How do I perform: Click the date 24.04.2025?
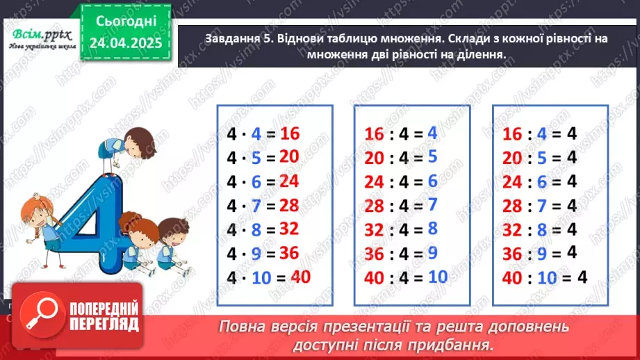coord(126,43)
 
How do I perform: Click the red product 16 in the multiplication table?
coord(290,133)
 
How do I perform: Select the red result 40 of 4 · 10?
coord(300,276)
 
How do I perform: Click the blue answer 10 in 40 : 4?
coord(438,276)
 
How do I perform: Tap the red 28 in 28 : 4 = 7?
coord(375,205)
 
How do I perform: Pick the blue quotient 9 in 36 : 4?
coord(432,252)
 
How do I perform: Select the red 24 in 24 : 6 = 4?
coord(511,181)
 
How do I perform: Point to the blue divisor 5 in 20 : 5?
coord(539,158)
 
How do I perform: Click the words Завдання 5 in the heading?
coord(236,39)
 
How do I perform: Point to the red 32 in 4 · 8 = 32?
coord(288,229)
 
